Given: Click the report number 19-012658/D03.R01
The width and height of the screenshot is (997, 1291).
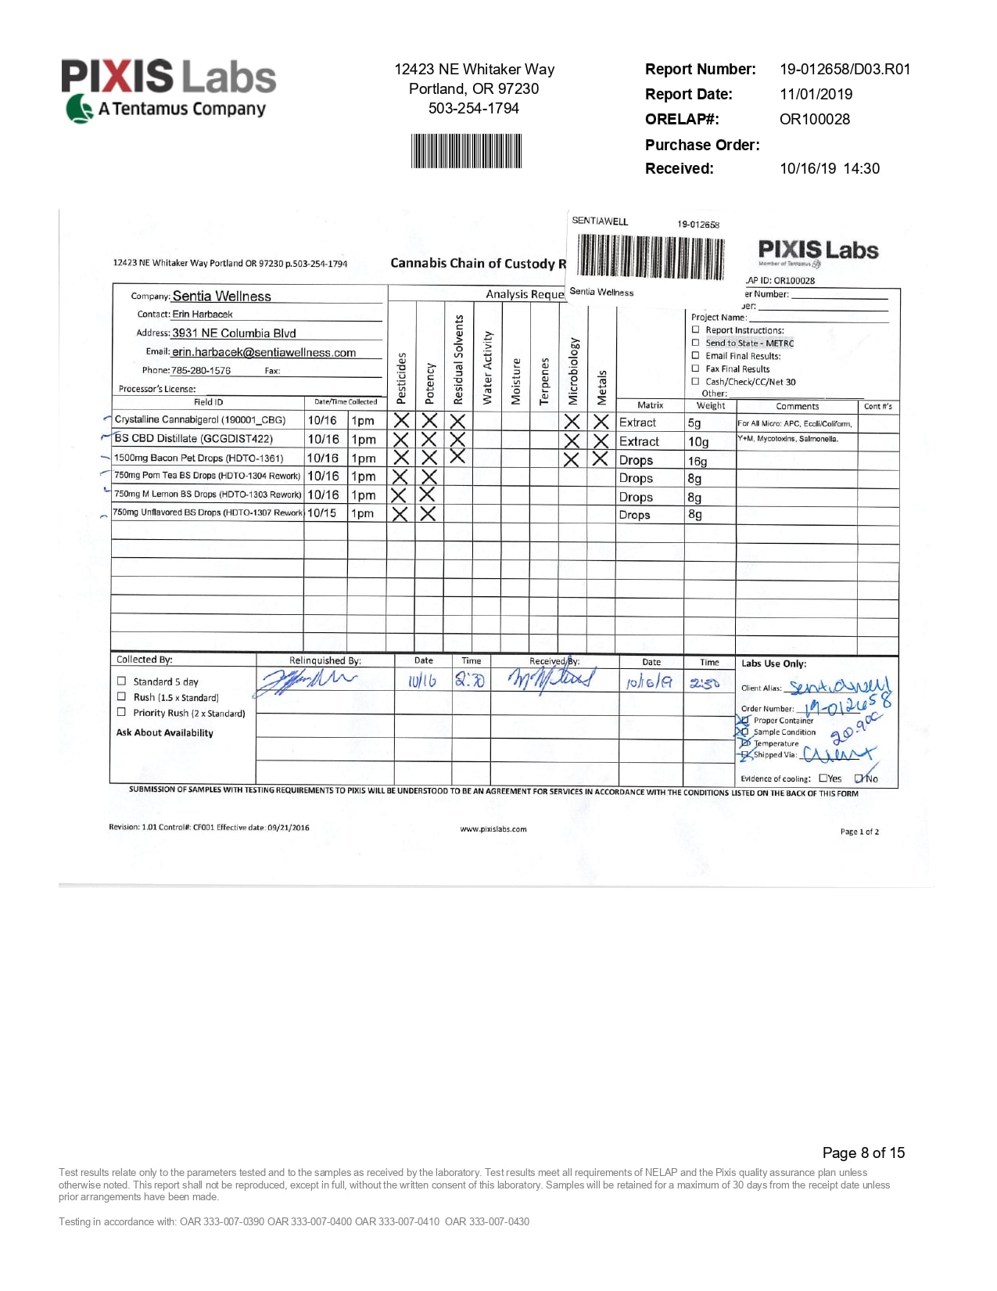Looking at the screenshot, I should tap(845, 69).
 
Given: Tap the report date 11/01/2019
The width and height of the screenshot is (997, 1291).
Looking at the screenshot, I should tap(816, 94).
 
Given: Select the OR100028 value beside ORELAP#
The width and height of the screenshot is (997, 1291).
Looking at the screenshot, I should tap(814, 119).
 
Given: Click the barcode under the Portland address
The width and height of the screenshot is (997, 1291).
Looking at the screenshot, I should tap(466, 151).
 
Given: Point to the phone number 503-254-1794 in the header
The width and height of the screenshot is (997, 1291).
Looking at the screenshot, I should tap(473, 108).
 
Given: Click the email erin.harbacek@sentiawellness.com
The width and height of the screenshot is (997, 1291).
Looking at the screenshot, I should tap(264, 353).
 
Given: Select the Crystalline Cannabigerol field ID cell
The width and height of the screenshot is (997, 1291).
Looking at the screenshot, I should tap(200, 420).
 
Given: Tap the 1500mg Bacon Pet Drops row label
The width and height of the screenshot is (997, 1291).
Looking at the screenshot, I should tap(199, 459).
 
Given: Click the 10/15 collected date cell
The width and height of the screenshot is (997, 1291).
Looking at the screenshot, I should tap(322, 513).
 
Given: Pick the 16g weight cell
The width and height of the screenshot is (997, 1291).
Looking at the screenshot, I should tap(698, 461).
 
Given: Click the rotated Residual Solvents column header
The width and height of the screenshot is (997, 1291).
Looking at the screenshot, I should tap(459, 360).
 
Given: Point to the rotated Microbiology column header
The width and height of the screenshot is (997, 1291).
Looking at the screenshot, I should tap(573, 371).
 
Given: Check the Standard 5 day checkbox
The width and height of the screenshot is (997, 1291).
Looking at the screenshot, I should tap(121, 681).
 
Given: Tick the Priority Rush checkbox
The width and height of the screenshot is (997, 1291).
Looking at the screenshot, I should tap(121, 712).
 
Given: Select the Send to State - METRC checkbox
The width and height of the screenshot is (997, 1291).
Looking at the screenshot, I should tap(695, 343).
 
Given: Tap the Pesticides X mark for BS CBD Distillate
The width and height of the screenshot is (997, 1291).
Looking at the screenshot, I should tap(400, 440).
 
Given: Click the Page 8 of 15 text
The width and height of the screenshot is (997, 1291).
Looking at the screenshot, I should tap(863, 1153).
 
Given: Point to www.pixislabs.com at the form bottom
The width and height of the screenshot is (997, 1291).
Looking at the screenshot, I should tap(493, 829).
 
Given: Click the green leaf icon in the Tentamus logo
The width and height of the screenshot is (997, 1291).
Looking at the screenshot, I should tap(79, 109).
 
